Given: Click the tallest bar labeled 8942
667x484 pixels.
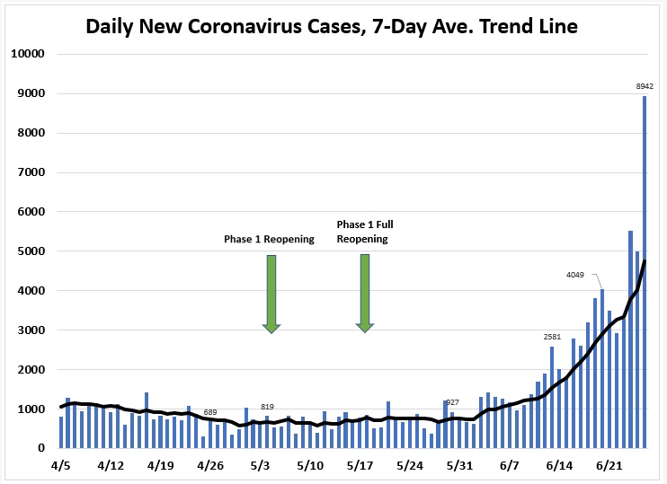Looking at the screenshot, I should pos(645,269).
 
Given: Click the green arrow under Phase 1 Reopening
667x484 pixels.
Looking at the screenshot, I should pos(271,293).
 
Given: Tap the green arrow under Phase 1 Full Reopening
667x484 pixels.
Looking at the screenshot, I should pos(365,293).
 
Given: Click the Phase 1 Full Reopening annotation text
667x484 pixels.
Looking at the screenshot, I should pos(362,232).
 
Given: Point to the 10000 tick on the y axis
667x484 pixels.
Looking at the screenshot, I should pos(28,54).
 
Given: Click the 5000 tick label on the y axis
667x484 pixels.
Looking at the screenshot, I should pos(31,251).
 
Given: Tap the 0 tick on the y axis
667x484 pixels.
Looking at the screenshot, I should pos(41,448).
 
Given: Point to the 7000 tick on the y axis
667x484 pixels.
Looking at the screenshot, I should pos(31,172).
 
